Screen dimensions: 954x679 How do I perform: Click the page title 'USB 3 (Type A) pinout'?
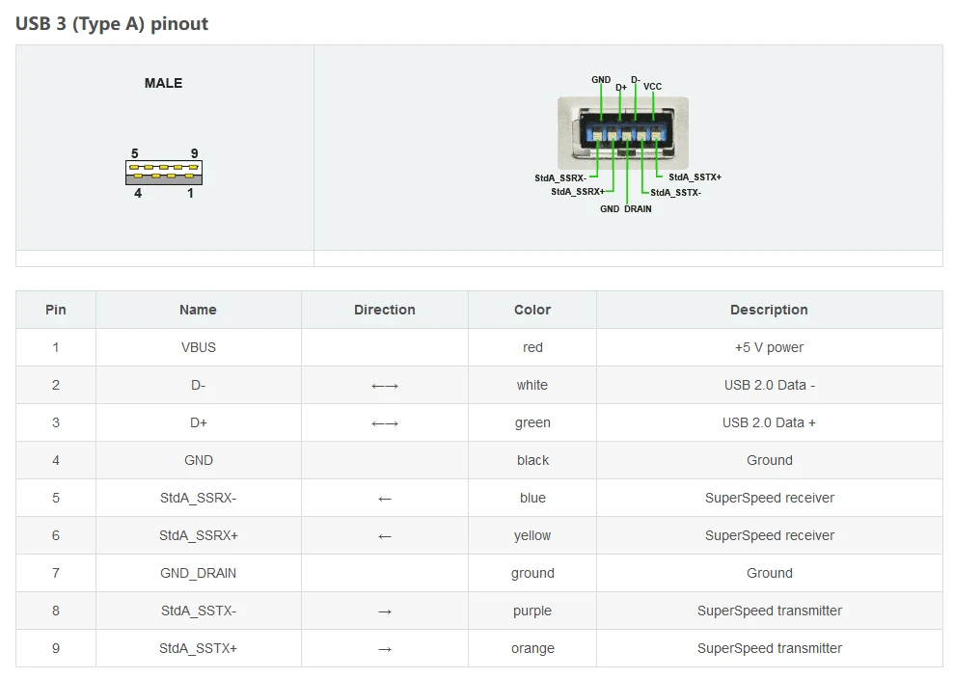111,24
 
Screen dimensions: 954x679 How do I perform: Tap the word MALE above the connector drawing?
163,83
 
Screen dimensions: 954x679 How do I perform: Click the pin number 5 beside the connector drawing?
134,153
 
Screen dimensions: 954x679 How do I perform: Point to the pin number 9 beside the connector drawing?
194,153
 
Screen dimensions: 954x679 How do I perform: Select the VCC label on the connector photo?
652,87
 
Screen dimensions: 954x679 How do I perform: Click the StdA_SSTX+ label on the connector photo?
695,177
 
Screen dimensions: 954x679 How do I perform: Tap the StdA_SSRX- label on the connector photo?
560,177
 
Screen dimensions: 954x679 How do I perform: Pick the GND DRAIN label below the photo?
625,208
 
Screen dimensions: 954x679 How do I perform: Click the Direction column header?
385,310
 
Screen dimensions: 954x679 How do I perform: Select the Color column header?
532,310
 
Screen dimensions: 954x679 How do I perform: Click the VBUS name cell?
199,347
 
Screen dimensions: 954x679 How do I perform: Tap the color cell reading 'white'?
532,385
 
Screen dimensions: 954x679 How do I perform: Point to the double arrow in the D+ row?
385,423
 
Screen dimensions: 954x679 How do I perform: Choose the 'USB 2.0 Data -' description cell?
770,385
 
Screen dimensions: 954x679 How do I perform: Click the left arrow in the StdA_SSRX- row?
385,499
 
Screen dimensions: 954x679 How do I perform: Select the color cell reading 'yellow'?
532,535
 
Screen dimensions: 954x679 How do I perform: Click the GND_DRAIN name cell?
199,573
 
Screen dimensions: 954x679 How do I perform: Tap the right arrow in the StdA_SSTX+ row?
385,649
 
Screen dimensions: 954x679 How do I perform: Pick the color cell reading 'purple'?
532,611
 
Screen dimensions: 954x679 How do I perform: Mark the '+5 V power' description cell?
769,347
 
